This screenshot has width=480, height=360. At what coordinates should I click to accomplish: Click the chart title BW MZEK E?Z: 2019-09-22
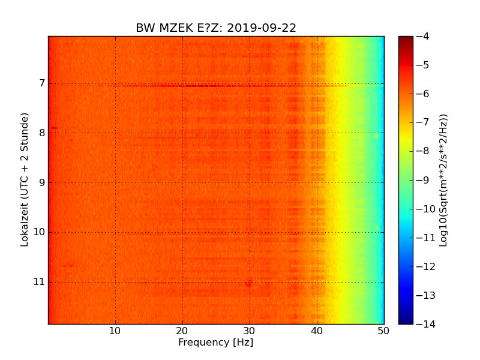pos(216,28)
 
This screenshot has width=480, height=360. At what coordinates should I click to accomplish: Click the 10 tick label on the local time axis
pos(38,232)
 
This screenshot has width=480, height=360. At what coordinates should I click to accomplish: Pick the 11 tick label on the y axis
pos(38,282)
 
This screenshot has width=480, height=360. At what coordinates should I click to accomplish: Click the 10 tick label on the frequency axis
pos(115,331)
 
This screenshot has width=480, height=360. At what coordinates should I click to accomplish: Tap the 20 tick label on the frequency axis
pos(182,331)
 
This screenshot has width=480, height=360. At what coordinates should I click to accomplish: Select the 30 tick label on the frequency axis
pos(250,331)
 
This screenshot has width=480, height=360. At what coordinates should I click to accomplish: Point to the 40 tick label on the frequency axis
pos(317,331)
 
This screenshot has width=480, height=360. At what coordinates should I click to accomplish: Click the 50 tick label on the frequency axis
pos(383,331)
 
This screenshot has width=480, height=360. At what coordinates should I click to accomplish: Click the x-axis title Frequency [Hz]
pos(215,343)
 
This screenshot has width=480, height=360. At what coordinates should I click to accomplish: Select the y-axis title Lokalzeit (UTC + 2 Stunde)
pos(25,179)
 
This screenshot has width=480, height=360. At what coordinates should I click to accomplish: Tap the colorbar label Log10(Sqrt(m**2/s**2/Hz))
pos(443,180)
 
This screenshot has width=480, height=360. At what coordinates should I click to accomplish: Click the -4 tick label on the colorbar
pos(422,36)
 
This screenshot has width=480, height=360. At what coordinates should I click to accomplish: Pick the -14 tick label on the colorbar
pos(424,324)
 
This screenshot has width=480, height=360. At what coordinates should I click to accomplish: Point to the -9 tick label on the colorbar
pos(422,180)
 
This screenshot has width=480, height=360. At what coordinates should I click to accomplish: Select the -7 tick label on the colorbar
pos(422,122)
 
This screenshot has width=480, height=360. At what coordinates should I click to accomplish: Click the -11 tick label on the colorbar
pos(424,238)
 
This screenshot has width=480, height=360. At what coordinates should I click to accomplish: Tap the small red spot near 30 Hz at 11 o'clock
pos(248,283)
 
